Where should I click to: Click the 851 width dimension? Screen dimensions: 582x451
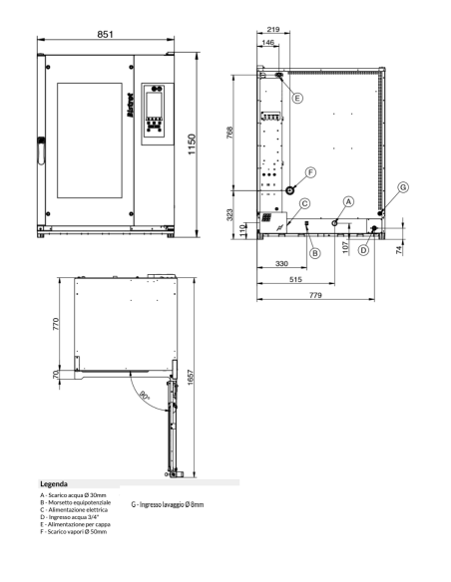point(106,34)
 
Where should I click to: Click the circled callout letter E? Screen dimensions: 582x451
point(297,97)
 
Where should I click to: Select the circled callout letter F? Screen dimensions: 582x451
point(310,172)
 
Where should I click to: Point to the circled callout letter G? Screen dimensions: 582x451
point(402,186)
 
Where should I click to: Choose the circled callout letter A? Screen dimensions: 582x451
point(348,200)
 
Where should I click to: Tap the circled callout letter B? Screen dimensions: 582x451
point(314,253)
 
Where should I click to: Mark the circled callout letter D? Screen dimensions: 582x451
point(363,250)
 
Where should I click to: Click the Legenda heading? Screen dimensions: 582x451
point(53,482)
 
